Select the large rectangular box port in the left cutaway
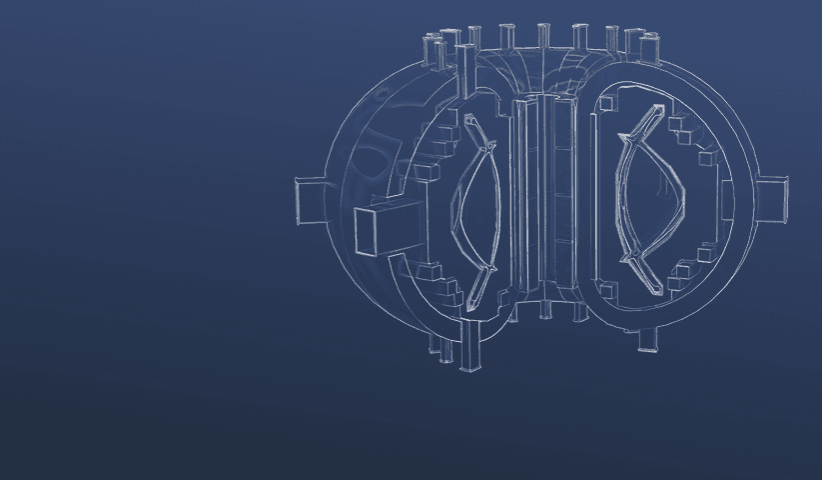click(x=379, y=230)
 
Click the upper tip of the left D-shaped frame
click(x=470, y=119)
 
